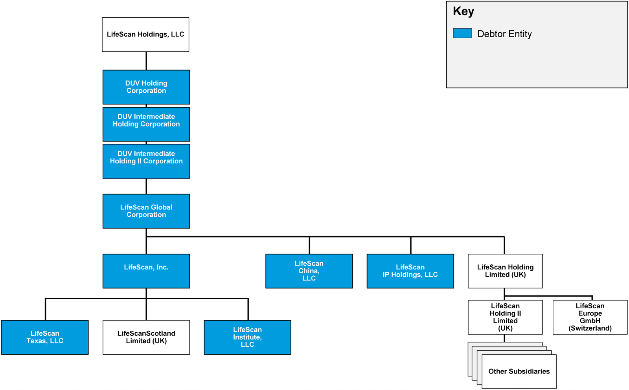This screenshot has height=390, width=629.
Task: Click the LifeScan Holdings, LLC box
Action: click(145, 35)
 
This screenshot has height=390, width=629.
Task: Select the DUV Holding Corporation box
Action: click(146, 87)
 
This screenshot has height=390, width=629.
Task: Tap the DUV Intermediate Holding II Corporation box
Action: click(146, 161)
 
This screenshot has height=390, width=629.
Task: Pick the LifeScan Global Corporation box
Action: click(146, 211)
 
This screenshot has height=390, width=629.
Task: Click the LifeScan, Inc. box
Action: click(146, 271)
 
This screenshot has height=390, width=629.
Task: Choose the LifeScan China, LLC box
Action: click(309, 271)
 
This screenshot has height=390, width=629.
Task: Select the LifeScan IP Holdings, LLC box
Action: click(410, 271)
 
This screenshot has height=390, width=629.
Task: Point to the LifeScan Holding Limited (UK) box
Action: click(505, 271)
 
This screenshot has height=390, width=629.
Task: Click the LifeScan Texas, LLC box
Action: click(45, 337)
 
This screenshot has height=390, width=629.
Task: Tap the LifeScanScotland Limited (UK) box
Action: click(146, 337)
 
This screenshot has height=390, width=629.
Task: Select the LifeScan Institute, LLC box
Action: click(247, 337)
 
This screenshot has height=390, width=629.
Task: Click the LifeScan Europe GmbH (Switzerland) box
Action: click(590, 317)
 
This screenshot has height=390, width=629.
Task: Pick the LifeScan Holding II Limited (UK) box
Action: click(505, 317)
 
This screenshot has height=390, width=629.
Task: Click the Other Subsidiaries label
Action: click(519, 372)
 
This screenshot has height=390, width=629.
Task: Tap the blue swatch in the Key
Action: click(462, 33)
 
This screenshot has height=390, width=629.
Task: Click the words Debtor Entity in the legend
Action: click(504, 34)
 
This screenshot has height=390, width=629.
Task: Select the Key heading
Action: click(463, 11)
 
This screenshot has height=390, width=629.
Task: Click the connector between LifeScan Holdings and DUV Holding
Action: click(146, 61)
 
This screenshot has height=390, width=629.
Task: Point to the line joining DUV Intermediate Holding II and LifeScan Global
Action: click(146, 186)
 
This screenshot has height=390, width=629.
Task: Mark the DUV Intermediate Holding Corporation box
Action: click(146, 124)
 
